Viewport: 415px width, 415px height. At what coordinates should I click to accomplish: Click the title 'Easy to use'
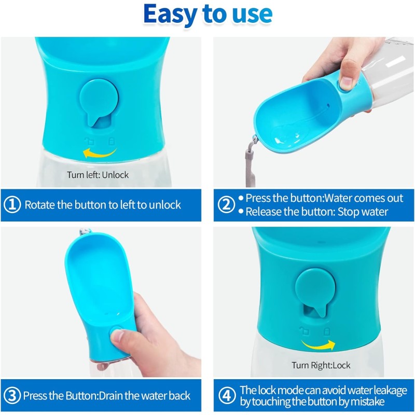(208, 15)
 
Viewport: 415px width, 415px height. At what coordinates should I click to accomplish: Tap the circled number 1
(11, 204)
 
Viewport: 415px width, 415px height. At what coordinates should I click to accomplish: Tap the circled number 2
(226, 204)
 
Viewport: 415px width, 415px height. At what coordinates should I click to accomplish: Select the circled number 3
(11, 396)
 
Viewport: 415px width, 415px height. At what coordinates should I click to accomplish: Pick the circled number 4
(226, 396)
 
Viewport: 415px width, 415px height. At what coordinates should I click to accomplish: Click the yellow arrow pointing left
(101, 153)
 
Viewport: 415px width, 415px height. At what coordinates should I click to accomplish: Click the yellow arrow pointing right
(318, 344)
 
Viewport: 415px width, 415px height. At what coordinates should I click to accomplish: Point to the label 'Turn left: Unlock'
(98, 175)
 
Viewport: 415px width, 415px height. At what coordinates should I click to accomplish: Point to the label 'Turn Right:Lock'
(321, 366)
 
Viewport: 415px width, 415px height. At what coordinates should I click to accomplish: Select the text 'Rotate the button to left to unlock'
(103, 204)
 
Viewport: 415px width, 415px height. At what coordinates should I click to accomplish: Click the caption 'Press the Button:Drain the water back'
(107, 396)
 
